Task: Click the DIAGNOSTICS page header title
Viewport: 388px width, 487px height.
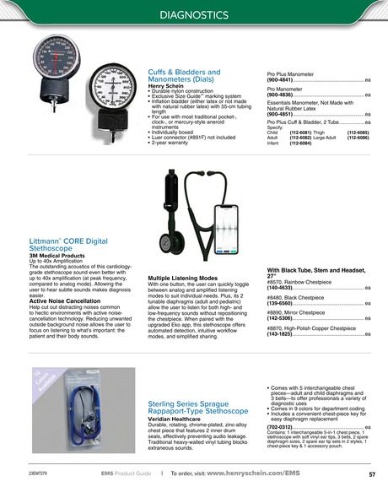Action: [193, 15]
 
